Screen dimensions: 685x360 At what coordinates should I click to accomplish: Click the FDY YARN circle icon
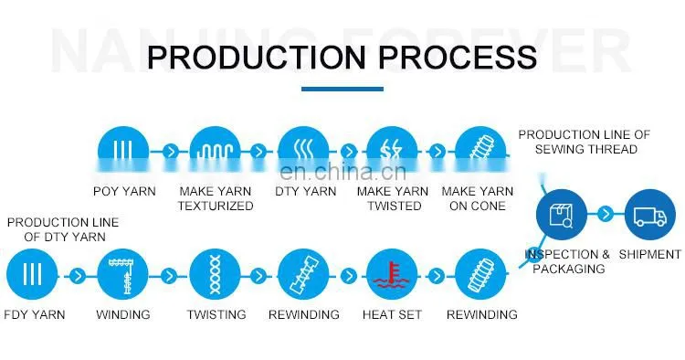point(32,274)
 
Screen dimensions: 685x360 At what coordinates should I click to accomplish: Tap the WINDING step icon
point(122,274)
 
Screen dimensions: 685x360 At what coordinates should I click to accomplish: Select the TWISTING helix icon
point(215,274)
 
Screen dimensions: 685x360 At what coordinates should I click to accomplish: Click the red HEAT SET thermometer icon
point(392,274)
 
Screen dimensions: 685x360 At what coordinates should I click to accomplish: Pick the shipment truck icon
point(650,215)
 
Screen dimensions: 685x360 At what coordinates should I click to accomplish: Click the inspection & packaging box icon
point(562,215)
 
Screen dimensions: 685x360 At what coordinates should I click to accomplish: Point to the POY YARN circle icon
point(123,151)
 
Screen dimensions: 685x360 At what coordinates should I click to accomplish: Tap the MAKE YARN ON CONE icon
point(480,151)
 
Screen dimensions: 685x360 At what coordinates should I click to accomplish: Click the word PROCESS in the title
point(457,58)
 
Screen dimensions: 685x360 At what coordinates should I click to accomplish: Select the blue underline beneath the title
point(342,90)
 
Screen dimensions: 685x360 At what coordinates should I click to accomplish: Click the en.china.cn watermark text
point(342,171)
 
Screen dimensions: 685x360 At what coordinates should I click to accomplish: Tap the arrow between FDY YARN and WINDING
point(78,276)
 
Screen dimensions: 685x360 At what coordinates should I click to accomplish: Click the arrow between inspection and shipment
point(606,214)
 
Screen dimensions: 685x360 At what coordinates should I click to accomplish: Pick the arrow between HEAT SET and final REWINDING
point(436,276)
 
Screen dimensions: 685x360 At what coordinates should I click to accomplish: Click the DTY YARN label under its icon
point(306,191)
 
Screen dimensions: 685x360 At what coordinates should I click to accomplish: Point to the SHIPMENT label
point(650,254)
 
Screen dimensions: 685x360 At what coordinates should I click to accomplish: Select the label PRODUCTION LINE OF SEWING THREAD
point(585,142)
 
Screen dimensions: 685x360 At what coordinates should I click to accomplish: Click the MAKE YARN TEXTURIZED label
point(216,198)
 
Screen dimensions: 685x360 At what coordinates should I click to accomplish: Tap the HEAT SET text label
point(392,314)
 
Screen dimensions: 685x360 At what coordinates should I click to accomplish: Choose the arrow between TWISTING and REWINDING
point(258,276)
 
